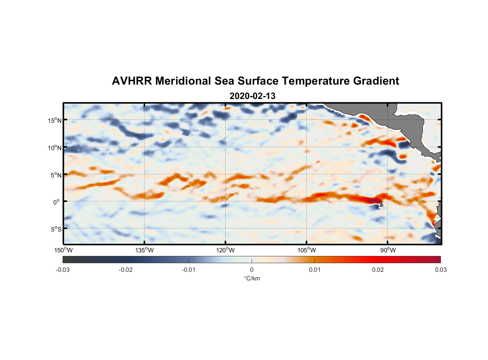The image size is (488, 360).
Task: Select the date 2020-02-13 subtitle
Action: pyautogui.click(x=252, y=96)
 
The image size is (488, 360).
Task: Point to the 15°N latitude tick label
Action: pyautogui.click(x=55, y=120)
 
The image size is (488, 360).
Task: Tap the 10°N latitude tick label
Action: pyautogui.click(x=55, y=148)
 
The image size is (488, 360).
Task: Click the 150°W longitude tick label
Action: pyautogui.click(x=64, y=250)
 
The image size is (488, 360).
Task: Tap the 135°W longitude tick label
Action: pyautogui.click(x=145, y=250)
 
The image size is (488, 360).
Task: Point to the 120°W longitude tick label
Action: pyautogui.click(x=226, y=250)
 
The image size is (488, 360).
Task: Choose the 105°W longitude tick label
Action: pyautogui.click(x=307, y=250)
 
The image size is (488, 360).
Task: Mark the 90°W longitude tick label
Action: pyautogui.click(x=388, y=250)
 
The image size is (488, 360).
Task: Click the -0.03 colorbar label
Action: pyautogui.click(x=63, y=270)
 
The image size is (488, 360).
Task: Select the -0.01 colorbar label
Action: pyautogui.click(x=189, y=270)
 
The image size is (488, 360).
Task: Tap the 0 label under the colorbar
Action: pyautogui.click(x=252, y=270)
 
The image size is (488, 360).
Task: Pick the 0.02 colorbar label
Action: pyautogui.click(x=378, y=270)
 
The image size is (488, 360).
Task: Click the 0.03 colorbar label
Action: pyautogui.click(x=440, y=270)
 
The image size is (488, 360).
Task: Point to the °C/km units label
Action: pyautogui.click(x=252, y=278)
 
